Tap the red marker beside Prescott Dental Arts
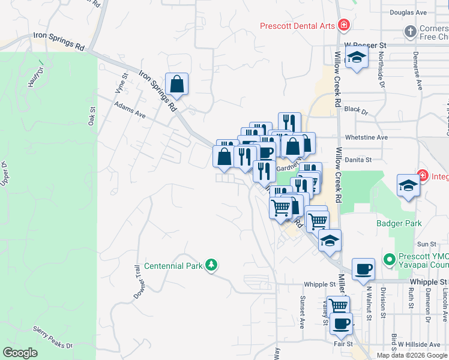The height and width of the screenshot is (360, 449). tap(344, 25)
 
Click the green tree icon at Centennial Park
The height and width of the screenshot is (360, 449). tap(211, 265)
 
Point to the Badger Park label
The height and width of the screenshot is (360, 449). tap(399, 224)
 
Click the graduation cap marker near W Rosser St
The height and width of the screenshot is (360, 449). tap(357, 59)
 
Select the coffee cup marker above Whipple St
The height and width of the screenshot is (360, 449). tap(363, 269)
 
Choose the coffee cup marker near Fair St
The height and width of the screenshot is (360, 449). tap(341, 324)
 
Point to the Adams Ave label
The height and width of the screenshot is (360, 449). tap(130, 109)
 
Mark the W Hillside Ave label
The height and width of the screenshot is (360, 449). tap(419, 344)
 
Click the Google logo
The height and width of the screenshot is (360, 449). tap(20, 353)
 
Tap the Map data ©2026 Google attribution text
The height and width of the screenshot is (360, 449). tap(412, 355)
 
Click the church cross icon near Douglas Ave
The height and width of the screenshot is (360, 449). tap(410, 31)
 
